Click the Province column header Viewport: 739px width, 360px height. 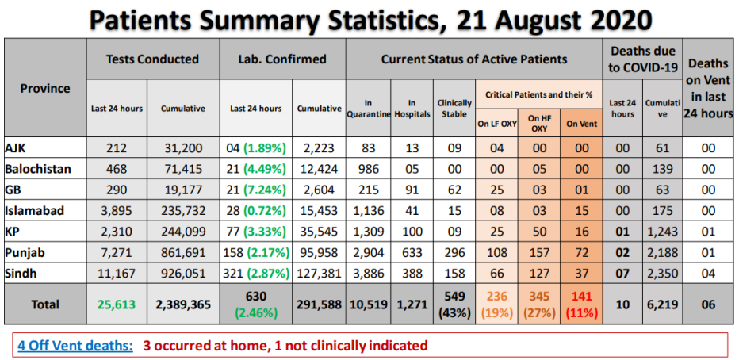45,88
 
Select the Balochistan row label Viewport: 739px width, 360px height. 37,169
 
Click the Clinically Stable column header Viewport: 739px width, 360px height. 454,108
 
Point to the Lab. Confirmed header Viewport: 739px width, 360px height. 282,59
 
